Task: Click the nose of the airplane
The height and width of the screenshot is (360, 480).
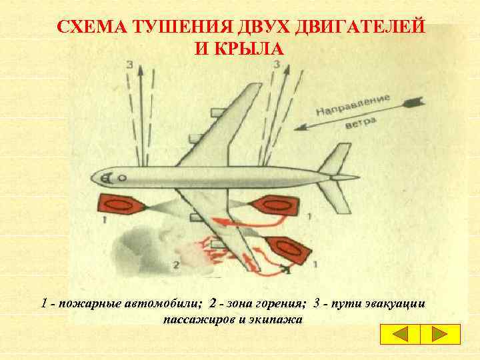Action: coord(94,178)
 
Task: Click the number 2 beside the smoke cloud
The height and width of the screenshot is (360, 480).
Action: coord(176,265)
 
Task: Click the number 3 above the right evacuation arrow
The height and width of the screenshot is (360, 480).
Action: coord(276,65)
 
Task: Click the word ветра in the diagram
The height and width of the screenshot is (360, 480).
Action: coord(361,125)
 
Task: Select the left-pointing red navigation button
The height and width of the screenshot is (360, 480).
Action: coord(401,335)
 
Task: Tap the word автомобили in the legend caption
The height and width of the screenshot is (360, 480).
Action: coord(161,304)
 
